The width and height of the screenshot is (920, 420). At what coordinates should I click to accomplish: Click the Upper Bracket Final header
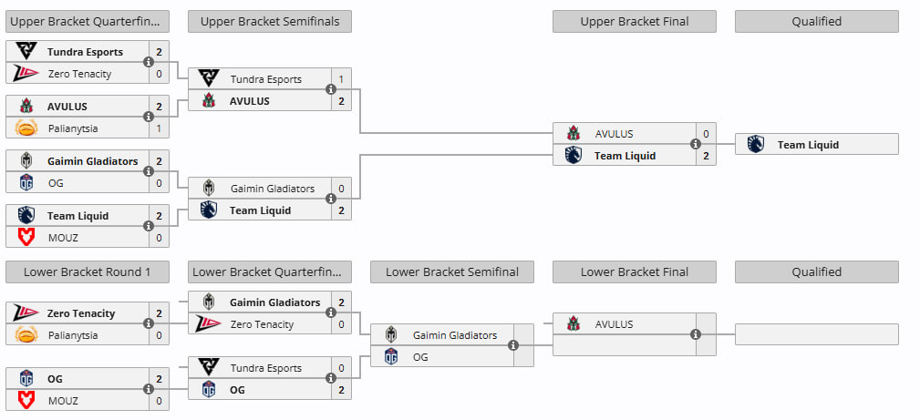tap(634, 21)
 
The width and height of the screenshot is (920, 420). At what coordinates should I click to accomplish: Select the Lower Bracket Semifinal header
tap(451, 271)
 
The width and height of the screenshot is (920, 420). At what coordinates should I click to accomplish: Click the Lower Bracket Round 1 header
tap(87, 271)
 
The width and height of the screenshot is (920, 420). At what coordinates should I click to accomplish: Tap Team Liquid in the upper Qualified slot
tap(808, 144)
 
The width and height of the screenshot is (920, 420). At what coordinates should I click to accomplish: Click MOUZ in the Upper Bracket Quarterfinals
tap(63, 238)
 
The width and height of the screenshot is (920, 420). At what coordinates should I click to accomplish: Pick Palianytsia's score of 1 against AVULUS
tap(159, 128)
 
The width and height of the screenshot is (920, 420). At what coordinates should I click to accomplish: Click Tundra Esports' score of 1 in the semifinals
tap(341, 79)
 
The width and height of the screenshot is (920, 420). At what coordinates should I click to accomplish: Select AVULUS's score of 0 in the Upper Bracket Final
tap(706, 134)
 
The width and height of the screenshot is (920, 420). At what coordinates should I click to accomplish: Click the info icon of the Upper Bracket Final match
tap(696, 144)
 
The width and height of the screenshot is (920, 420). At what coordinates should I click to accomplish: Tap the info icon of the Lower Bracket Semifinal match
tap(513, 345)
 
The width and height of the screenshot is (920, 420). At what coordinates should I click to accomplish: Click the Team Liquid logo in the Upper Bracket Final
tap(574, 156)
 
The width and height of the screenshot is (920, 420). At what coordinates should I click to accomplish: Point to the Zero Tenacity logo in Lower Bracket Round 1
tap(26, 313)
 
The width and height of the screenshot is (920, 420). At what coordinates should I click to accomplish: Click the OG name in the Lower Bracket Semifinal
tap(421, 357)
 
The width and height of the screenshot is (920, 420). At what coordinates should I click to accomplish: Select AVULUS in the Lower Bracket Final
tap(614, 324)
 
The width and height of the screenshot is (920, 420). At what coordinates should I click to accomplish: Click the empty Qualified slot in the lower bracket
tap(816, 334)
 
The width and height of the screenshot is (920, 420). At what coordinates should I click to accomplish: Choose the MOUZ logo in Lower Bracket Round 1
tap(26, 401)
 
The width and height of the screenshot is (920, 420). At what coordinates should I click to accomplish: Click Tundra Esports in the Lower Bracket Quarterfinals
tap(265, 368)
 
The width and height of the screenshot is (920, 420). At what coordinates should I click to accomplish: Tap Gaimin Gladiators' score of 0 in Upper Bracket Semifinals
tap(341, 189)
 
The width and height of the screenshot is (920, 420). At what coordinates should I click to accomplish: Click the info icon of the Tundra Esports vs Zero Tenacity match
tap(149, 62)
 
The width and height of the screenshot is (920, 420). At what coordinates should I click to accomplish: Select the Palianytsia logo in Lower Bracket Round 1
tap(26, 335)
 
